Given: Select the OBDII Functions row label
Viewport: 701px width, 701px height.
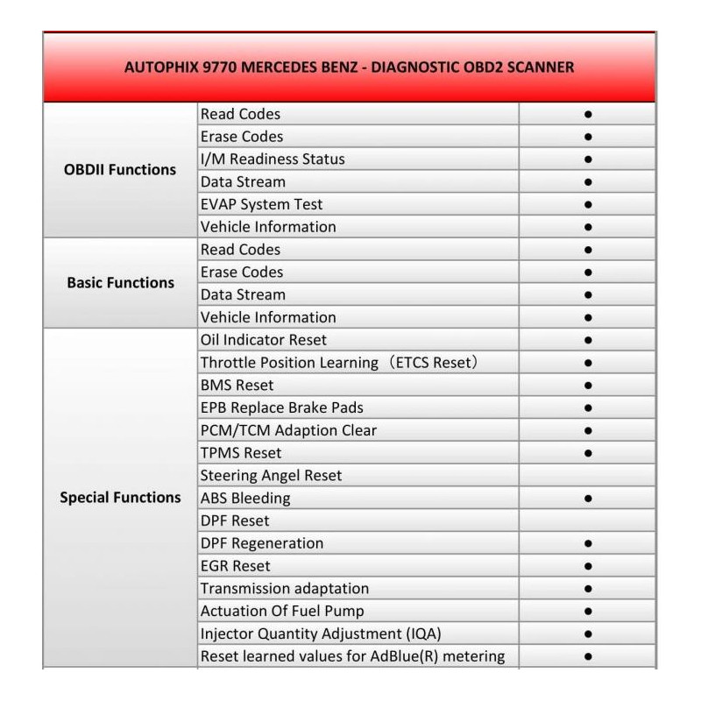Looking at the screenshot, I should [x=120, y=170].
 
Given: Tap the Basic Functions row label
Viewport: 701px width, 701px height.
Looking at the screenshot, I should [x=120, y=283].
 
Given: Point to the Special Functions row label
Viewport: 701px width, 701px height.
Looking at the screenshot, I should [x=120, y=498].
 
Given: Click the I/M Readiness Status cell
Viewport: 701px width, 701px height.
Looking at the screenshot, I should [x=273, y=159].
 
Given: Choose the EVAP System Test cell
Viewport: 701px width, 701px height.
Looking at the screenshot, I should [x=261, y=204].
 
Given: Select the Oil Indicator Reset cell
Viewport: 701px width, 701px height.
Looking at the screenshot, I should [x=263, y=340].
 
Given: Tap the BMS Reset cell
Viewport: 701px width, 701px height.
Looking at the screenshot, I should [x=237, y=386].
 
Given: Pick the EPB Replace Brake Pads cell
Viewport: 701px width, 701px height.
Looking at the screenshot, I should [x=281, y=408].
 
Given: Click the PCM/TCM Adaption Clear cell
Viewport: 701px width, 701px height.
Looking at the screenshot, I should [x=288, y=431].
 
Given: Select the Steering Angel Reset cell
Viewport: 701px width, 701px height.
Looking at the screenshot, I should [x=271, y=476].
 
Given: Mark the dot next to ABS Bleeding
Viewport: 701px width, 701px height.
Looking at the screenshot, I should [x=588, y=499].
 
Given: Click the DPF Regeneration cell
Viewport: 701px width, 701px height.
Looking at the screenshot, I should [x=262, y=544].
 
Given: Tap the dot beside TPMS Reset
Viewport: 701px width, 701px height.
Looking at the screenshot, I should [x=588, y=453].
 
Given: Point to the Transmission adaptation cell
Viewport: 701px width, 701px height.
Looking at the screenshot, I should [x=284, y=589].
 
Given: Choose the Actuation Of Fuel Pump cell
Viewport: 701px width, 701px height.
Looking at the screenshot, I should [x=282, y=612].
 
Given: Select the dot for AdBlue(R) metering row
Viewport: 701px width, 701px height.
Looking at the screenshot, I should [x=588, y=656].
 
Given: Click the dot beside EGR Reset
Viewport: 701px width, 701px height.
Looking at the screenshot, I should [x=588, y=566].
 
